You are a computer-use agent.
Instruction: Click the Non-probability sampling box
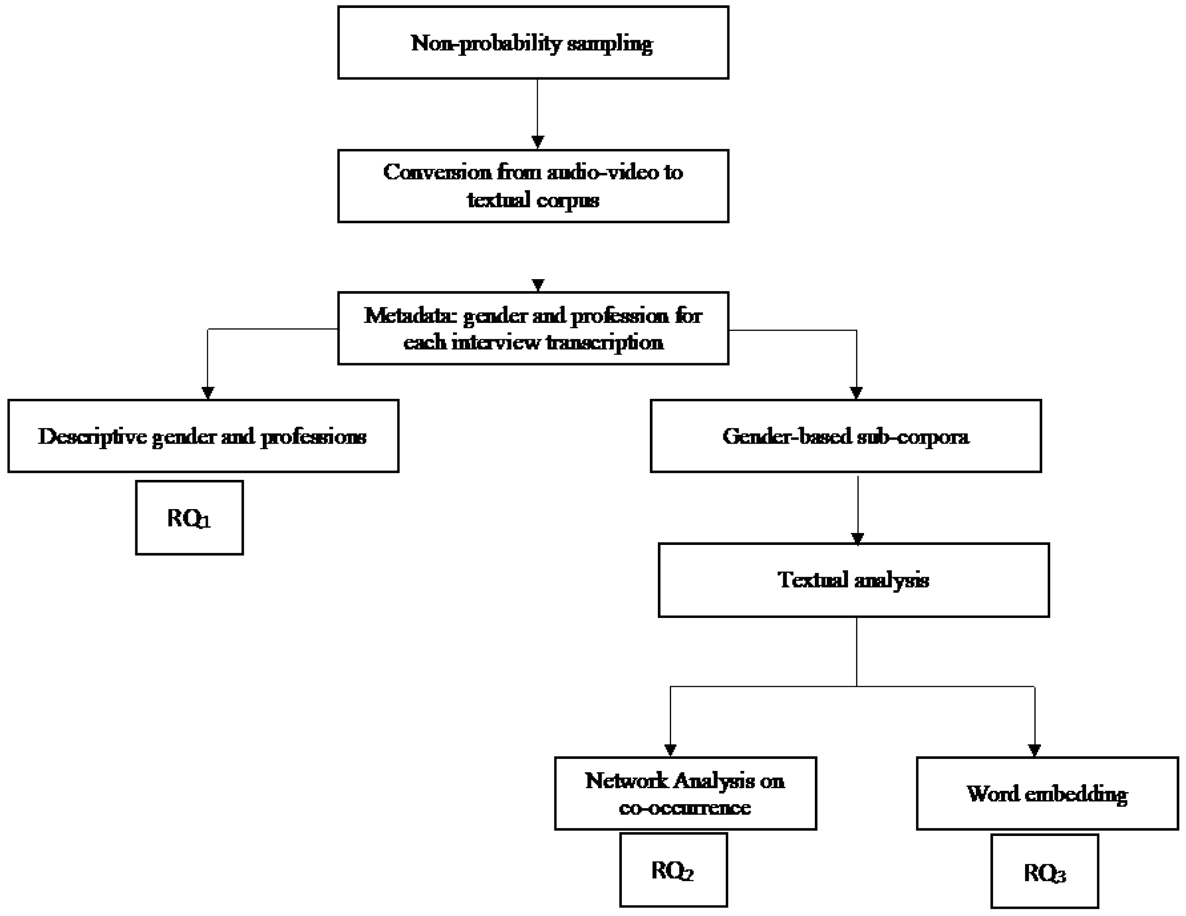(533, 42)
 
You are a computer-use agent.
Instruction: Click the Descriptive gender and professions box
(203, 436)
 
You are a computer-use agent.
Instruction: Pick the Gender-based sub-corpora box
(845, 436)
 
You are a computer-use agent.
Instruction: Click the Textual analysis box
(853, 580)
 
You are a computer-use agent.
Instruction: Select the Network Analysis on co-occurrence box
(685, 793)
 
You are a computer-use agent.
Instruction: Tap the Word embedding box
(1047, 793)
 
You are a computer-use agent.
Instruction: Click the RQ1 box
(189, 517)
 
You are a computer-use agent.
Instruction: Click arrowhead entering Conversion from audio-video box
(537, 142)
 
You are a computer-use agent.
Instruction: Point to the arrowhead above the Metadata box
(537, 285)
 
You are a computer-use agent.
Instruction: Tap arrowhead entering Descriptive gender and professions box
(207, 393)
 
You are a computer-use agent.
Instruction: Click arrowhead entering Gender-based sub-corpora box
(856, 393)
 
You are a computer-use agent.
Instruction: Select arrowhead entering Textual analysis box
(857, 539)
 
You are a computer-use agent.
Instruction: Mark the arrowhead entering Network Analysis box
(670, 750)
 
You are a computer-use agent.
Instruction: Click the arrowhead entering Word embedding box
(1034, 750)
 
